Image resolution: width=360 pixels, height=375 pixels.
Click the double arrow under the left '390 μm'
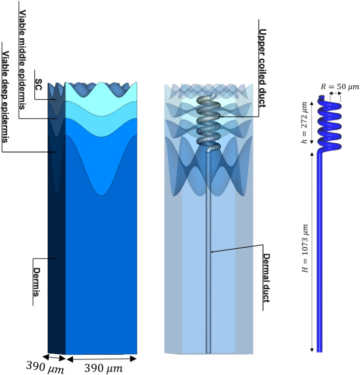coord(54,358)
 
